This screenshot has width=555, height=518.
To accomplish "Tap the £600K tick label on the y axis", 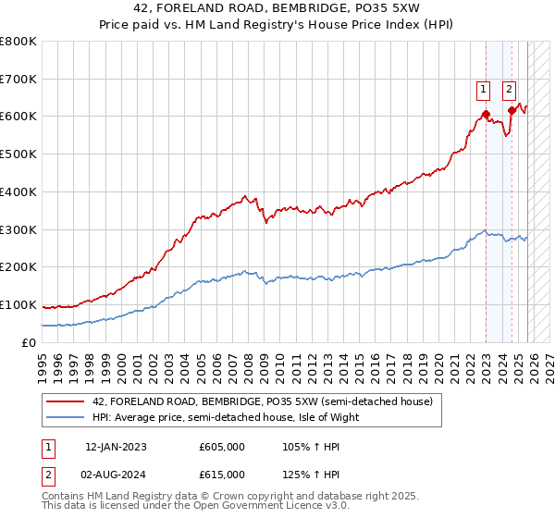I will (18, 117).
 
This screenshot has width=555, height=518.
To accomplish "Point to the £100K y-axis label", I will (18, 304).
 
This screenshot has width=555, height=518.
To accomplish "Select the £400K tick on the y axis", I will (18, 192).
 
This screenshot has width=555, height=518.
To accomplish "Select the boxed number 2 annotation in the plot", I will (510, 90).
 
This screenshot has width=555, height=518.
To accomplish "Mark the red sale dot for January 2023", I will (486, 116).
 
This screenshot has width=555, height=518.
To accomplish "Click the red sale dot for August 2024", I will (511, 111).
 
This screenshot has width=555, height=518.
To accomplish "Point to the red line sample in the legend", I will (67, 401).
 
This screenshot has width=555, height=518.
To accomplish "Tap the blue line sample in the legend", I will (67, 417).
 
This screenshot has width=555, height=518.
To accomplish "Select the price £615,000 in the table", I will (221, 475).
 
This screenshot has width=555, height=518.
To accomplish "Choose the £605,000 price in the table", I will (221, 447).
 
